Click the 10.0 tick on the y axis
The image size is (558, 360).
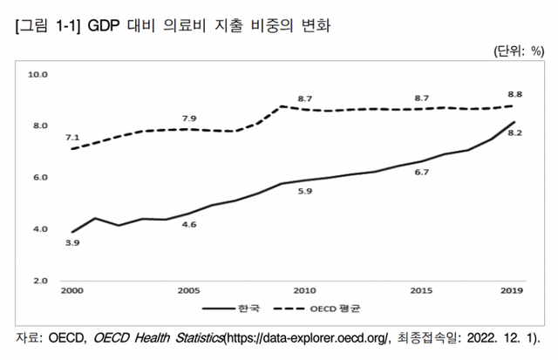pyautogui.click(x=38, y=75)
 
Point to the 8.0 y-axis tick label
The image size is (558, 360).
pyautogui.click(x=40, y=126)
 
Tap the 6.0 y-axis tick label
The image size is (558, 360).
pyautogui.click(x=40, y=178)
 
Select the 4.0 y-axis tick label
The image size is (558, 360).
pyautogui.click(x=40, y=229)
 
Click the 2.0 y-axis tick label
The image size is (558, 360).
pyautogui.click(x=40, y=281)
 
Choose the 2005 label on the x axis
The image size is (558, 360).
pyautogui.click(x=187, y=290)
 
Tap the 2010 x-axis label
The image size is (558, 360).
pyautogui.click(x=304, y=290)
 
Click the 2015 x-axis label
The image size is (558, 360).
pyautogui.click(x=421, y=290)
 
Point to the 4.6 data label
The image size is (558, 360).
pyautogui.click(x=187, y=226)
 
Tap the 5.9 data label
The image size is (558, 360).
pyautogui.click(x=304, y=191)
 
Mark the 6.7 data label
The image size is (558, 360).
pyautogui.click(x=421, y=173)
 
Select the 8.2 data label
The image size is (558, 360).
pyautogui.click(x=514, y=133)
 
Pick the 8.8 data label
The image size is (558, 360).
pyautogui.click(x=514, y=93)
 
